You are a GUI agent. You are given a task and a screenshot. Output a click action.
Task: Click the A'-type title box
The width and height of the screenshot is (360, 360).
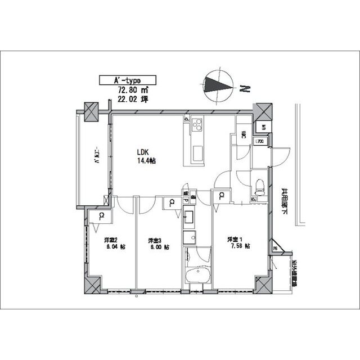coord(127,80)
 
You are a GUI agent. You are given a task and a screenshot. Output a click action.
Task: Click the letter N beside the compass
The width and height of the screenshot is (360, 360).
coord(244,88)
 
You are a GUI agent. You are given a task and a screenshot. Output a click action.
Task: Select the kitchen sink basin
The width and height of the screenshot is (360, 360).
coord(199,151)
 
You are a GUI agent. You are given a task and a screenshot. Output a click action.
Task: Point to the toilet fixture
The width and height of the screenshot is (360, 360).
coord(259,185)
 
